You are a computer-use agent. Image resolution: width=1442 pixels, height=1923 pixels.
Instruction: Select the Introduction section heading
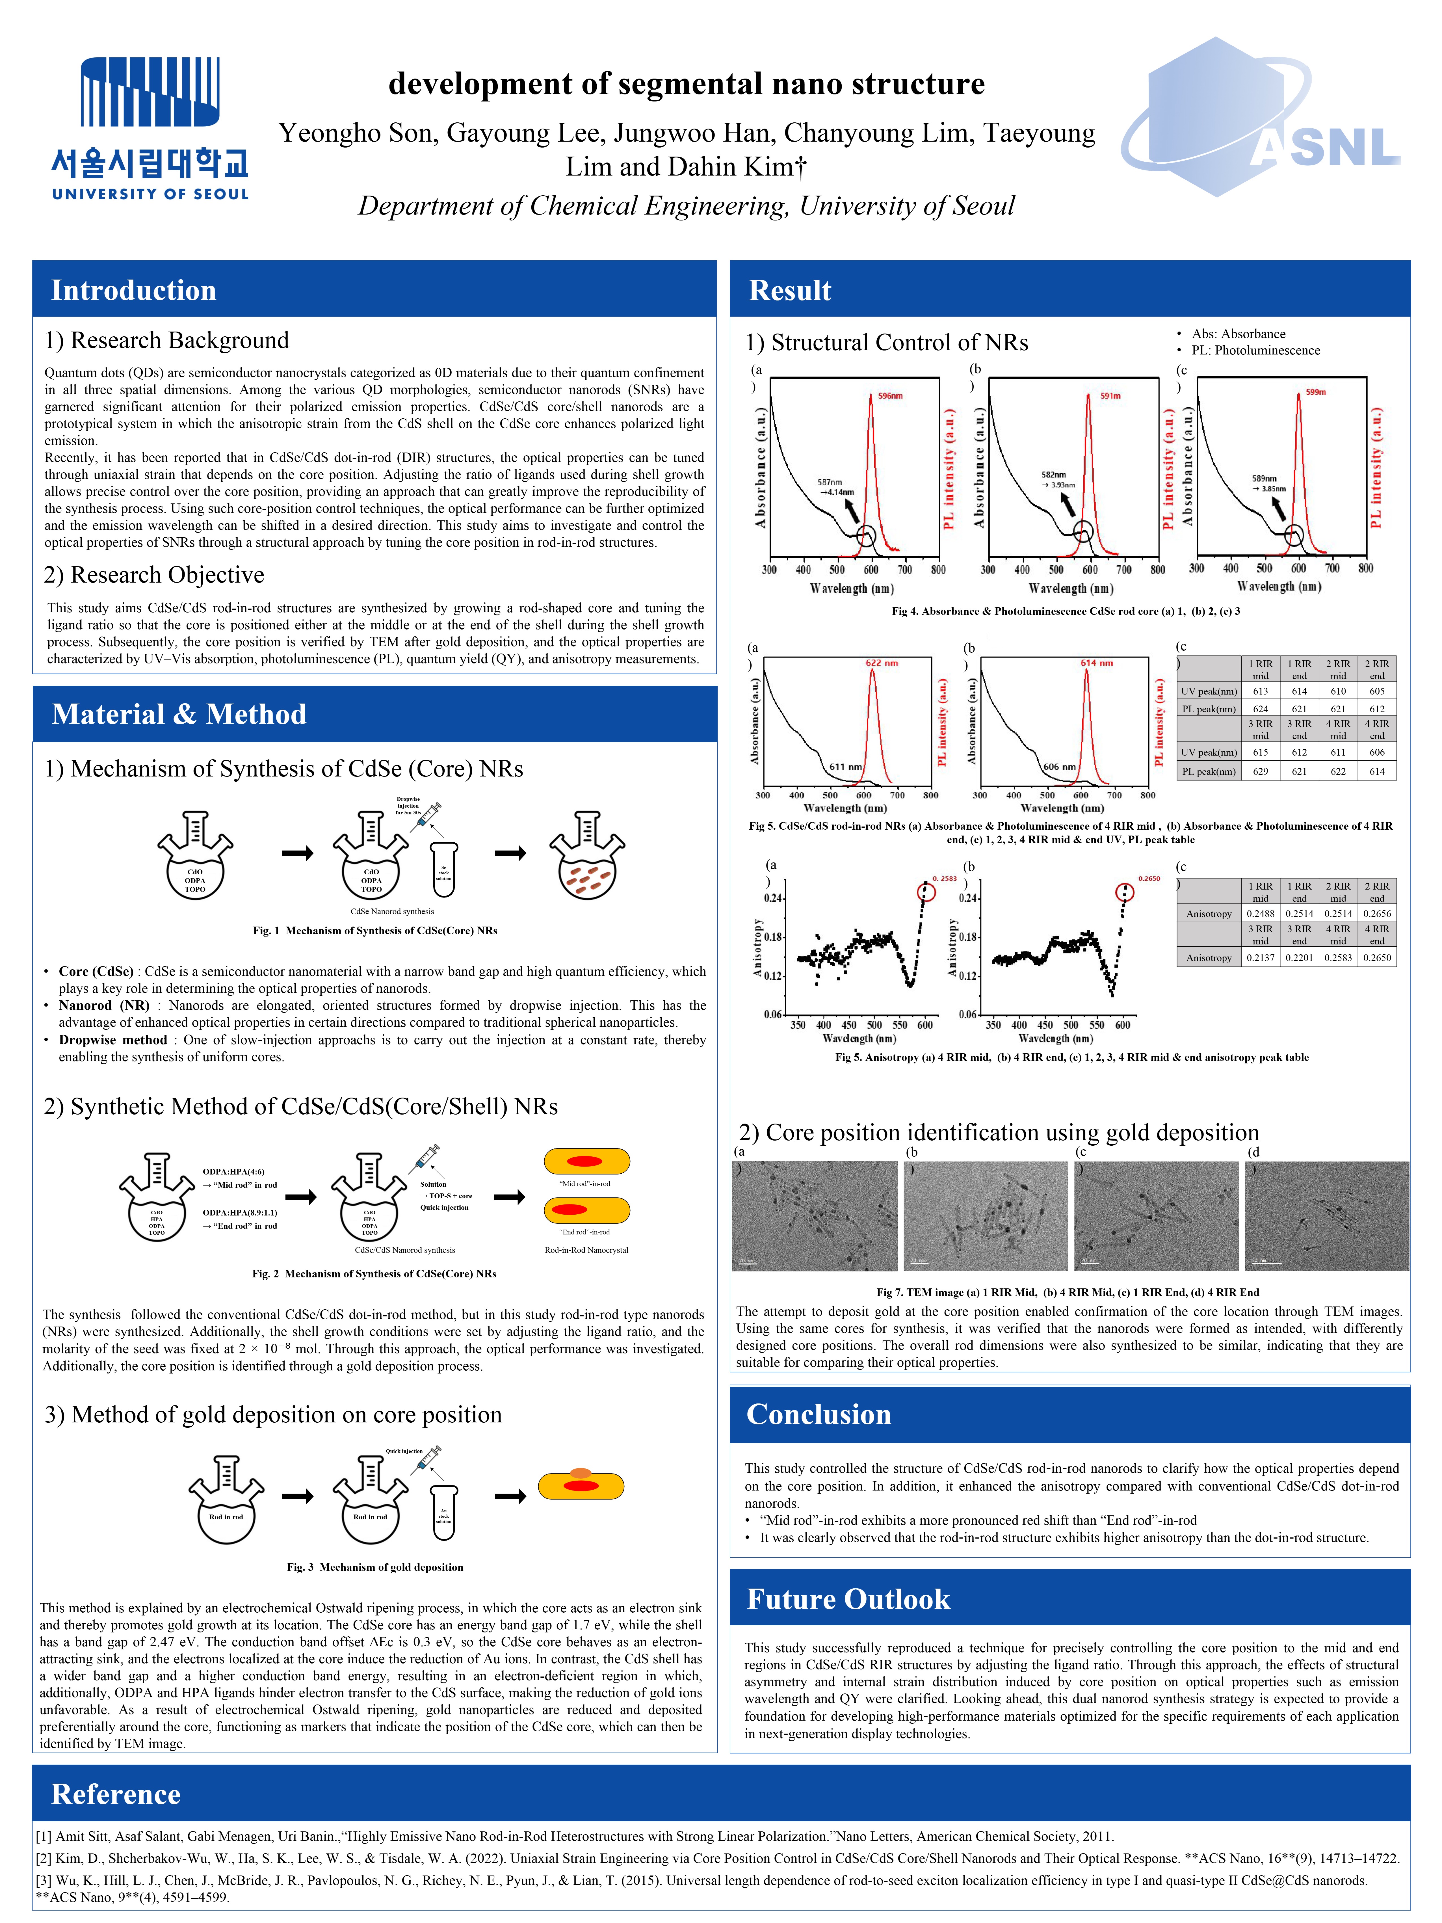(134, 290)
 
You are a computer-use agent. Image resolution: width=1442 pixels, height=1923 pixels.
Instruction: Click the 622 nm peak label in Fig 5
(881, 663)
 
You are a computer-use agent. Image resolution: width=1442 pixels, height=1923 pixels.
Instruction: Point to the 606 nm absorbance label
(1059, 767)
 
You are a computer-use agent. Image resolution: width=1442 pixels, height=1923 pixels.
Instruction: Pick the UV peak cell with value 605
(1377, 691)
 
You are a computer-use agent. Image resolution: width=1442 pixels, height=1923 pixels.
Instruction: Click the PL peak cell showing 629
(1260, 771)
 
